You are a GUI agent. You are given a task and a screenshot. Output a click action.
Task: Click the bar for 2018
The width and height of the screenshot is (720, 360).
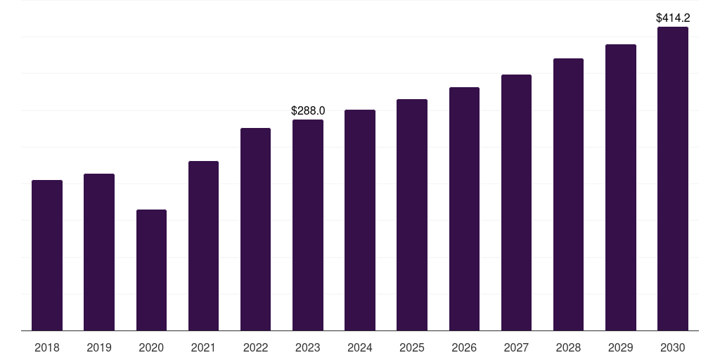(x=47, y=255)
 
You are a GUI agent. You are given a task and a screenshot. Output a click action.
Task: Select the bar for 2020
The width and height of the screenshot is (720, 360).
(x=151, y=270)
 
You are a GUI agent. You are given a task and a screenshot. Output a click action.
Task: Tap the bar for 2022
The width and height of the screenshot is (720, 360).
(x=255, y=229)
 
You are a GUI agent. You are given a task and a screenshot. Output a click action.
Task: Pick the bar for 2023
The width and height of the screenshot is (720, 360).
(x=308, y=225)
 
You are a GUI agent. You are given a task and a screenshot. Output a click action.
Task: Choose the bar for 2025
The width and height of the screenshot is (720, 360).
(x=412, y=214)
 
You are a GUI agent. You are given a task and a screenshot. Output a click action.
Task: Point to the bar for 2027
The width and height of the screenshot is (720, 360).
(x=516, y=202)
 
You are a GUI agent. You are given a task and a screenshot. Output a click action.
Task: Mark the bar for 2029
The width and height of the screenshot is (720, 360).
(x=620, y=187)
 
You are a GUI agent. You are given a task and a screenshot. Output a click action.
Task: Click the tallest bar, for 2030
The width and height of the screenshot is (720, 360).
(x=672, y=179)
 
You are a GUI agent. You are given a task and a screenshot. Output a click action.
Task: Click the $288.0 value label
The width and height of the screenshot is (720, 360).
(x=308, y=111)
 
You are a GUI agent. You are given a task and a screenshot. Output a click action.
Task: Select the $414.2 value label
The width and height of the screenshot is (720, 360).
(x=672, y=18)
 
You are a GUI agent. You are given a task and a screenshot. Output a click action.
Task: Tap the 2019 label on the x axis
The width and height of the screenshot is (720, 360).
(x=99, y=348)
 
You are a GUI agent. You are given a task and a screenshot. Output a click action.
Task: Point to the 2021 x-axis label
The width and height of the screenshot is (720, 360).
(x=203, y=348)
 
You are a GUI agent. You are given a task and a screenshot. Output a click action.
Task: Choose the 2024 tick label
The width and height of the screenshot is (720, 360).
(x=360, y=348)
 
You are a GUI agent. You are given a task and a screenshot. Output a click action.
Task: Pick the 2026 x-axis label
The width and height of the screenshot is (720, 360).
(x=464, y=348)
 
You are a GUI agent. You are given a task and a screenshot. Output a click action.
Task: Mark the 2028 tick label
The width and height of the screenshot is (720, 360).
(x=568, y=348)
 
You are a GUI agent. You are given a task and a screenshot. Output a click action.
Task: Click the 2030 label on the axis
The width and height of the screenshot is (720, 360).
(x=672, y=348)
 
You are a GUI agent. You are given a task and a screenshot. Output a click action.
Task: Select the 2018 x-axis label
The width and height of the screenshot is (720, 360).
(x=47, y=348)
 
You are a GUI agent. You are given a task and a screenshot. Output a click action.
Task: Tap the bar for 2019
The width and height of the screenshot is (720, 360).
(x=99, y=252)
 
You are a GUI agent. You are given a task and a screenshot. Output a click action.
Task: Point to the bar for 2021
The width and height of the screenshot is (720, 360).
(x=203, y=245)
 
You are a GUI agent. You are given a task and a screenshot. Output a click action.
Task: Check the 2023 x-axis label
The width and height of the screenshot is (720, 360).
(x=308, y=348)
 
